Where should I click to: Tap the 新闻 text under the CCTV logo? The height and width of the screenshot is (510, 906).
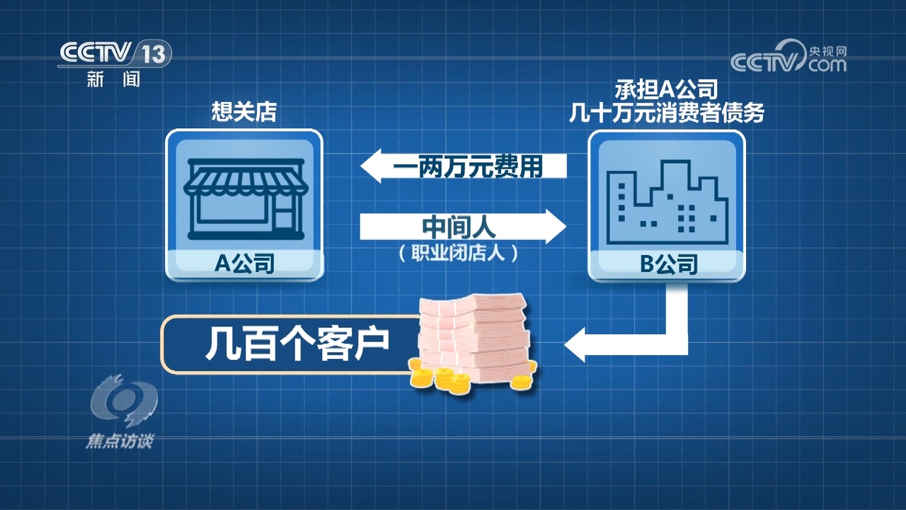coord(113,79)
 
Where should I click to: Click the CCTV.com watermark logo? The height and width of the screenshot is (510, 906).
coord(789,58)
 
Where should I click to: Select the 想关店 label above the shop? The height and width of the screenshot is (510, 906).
coord(244,112)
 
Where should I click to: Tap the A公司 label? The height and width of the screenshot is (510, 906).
coord(244,264)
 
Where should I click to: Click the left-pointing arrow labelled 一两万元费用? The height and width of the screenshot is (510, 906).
coord(464,166)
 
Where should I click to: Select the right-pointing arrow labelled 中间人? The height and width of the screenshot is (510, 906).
coord(464,227)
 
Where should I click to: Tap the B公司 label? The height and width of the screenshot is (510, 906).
coord(667,264)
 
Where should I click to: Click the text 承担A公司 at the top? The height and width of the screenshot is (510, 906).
coord(667,89)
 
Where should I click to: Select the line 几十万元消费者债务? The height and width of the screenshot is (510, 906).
coord(667,113)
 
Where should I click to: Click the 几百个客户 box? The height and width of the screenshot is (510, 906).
coord(290,344)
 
